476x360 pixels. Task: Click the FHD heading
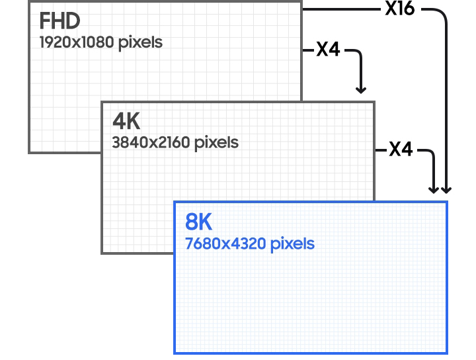(59, 21)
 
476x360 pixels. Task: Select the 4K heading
(126, 121)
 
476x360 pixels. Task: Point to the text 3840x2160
(151, 142)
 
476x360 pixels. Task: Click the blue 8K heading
(198, 222)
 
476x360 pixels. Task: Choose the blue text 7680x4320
(225, 244)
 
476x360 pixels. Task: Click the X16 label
(400, 8)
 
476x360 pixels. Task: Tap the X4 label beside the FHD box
(328, 49)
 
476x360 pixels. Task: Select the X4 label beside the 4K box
(401, 149)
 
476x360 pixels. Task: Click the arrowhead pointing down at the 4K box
(361, 90)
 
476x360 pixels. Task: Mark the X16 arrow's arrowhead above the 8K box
(446, 190)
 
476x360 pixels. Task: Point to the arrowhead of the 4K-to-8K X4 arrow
(433, 190)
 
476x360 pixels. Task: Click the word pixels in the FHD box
(140, 42)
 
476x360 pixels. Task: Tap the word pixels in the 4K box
(216, 143)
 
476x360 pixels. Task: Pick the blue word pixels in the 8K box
(292, 244)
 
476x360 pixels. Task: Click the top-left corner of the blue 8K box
(175, 201)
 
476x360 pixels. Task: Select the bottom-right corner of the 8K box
(448, 353)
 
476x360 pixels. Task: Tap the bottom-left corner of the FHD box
(29, 153)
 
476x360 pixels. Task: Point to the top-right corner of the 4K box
(375, 102)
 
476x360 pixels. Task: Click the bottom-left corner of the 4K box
(102, 253)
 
